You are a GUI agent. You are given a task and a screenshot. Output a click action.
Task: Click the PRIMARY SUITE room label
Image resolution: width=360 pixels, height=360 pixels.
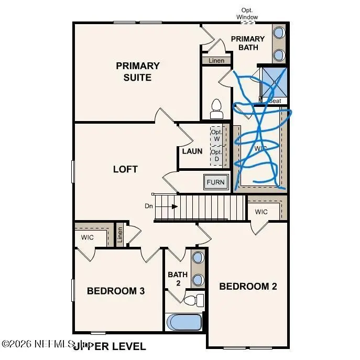pos(138,72)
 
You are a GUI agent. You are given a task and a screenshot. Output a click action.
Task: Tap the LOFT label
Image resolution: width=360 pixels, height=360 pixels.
pos(126,169)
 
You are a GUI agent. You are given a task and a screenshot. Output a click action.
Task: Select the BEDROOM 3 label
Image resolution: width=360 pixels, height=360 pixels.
pos(116,291)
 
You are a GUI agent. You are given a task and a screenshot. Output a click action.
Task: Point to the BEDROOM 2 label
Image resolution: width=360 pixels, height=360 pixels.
pos(248,286)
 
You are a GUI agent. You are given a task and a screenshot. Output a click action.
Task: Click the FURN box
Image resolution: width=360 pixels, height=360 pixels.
pos(215,182)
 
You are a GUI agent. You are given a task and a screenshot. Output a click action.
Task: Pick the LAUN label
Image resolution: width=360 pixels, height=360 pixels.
pos(192,151)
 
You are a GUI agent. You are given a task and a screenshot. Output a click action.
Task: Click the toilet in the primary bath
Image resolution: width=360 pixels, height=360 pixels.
pos(216,108)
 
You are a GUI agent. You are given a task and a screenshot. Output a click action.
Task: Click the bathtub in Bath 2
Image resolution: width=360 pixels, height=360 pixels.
pos(184,321)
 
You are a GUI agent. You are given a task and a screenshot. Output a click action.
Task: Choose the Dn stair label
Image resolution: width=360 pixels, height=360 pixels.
pos(149,206)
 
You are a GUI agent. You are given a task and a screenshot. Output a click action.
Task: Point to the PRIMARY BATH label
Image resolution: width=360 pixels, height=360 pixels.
pos(248,43)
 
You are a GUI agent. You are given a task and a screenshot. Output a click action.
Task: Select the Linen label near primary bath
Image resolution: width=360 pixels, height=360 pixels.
pos(216,61)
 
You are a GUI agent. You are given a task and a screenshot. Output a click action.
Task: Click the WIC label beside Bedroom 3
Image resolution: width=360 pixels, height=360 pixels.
pos(87,237)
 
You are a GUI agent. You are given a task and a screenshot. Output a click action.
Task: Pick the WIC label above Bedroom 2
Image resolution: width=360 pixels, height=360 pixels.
pos(261,212)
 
